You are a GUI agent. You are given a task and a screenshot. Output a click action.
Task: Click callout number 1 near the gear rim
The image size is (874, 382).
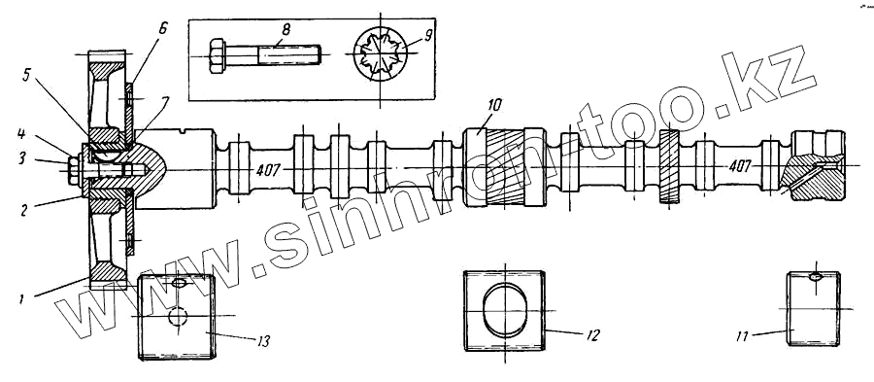pyautogui.click(x=20, y=299)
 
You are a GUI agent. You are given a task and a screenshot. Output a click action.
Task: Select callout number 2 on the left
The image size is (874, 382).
pyautogui.click(x=23, y=211)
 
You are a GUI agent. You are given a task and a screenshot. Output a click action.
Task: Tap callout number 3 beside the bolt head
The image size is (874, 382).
pyautogui.click(x=21, y=157)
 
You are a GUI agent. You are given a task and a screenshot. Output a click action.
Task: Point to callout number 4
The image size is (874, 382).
pyautogui.click(x=20, y=134)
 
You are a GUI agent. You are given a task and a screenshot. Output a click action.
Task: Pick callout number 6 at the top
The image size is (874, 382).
pyautogui.click(x=162, y=29)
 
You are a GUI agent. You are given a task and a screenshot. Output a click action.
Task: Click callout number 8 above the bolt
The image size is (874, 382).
pyautogui.click(x=286, y=29)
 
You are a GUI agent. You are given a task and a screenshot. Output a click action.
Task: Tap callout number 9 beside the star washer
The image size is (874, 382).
pyautogui.click(x=427, y=36)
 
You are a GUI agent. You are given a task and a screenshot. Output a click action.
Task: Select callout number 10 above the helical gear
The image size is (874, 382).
pyautogui.click(x=494, y=105)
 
